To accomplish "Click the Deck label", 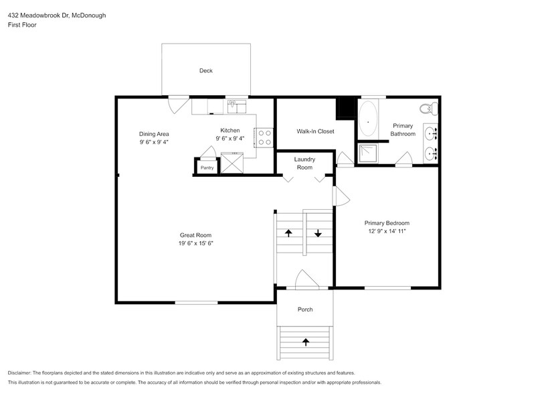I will [x=206, y=70].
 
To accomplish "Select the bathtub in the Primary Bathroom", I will [x=368, y=118].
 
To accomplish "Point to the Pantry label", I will [x=207, y=168].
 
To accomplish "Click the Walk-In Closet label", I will [x=315, y=131].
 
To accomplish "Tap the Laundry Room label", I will [x=304, y=163].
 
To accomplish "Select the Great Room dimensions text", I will [x=195, y=244].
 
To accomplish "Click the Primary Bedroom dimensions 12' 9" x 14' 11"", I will [x=387, y=231].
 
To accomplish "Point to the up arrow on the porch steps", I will [x=306, y=342].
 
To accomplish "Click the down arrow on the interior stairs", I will [x=318, y=233].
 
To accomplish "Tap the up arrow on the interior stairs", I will [x=289, y=233].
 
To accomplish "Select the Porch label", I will [x=305, y=310].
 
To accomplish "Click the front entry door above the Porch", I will [x=305, y=280].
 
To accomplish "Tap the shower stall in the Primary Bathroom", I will [x=368, y=154].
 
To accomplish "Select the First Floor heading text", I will [x=23, y=25].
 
